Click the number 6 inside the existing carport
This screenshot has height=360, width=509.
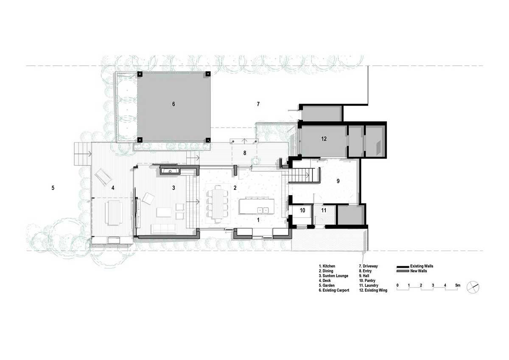173,104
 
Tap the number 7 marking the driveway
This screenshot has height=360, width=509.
258,104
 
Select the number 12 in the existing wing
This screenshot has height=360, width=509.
324,139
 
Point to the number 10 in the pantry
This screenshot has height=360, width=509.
302,210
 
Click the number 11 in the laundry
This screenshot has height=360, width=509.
324,210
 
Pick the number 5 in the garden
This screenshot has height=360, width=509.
53,188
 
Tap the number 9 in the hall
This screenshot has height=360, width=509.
338,181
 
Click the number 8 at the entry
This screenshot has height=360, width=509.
245,153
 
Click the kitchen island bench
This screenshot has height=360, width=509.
257,206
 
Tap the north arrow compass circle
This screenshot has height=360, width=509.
473,287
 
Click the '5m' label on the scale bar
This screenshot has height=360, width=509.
458,285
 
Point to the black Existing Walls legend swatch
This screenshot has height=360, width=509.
403,267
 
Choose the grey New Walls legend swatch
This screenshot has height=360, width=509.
403,271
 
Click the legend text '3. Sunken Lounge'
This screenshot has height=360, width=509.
333,276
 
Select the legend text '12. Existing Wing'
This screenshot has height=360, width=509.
373,290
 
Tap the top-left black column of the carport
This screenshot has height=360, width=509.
140,74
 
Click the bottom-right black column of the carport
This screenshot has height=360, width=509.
208,140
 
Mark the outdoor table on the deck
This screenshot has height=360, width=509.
114,212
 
